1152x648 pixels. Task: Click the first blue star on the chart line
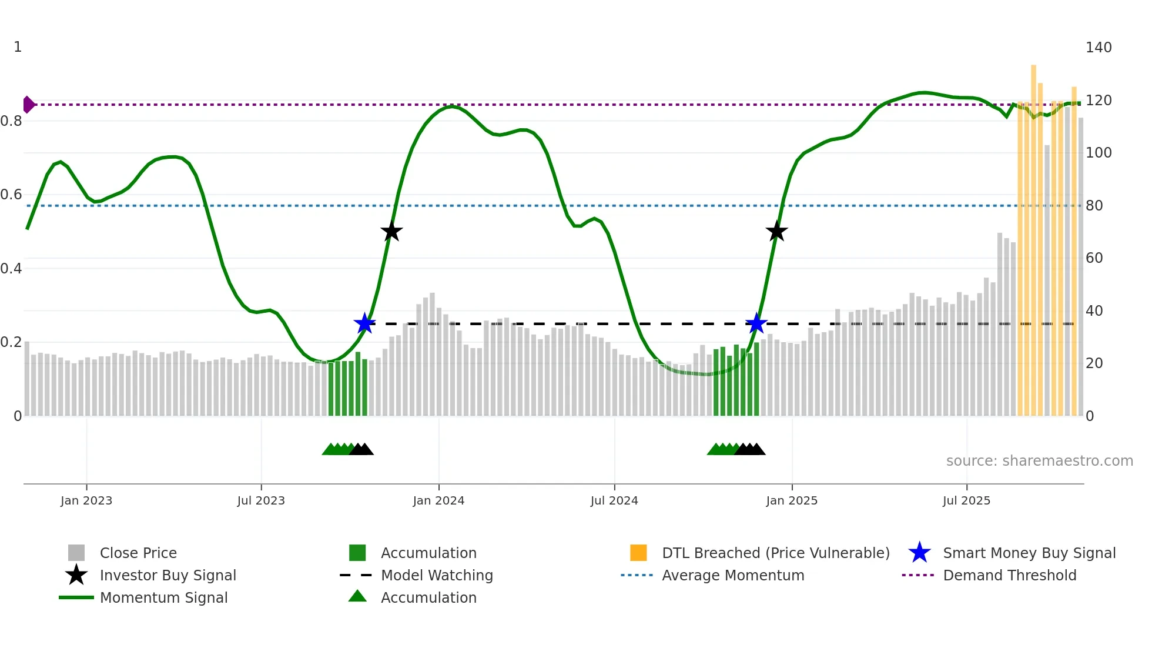[365, 323]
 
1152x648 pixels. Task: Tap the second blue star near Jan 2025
[756, 323]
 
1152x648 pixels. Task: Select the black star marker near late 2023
[391, 232]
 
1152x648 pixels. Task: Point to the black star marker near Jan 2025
[776, 232]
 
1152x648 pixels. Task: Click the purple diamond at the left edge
[28, 105]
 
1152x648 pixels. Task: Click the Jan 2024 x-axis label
[438, 501]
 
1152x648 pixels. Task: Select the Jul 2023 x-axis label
[261, 501]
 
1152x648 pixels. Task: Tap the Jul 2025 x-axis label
[966, 501]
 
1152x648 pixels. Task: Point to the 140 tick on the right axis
[1099, 48]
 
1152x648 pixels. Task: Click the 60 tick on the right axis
[1094, 258]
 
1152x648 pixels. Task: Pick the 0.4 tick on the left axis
[11, 269]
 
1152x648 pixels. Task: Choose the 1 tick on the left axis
[18, 47]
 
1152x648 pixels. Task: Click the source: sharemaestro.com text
[1039, 461]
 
